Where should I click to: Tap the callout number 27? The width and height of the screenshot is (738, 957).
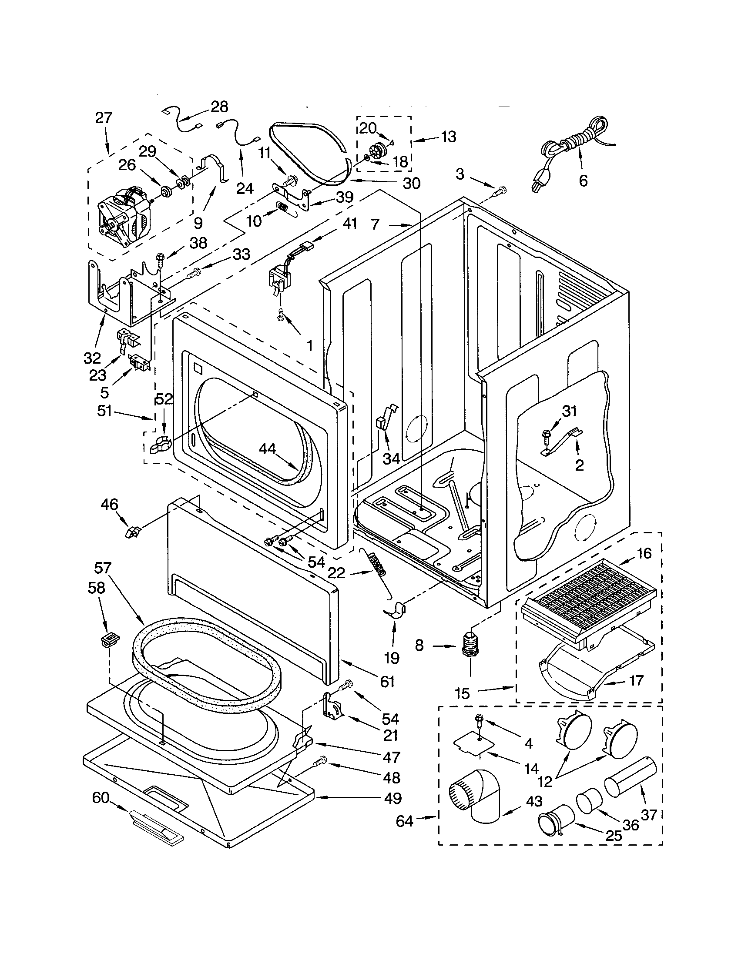[x=104, y=118]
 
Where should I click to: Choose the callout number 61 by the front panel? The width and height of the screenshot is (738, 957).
[x=387, y=681]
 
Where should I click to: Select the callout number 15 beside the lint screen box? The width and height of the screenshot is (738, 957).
[x=462, y=693]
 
